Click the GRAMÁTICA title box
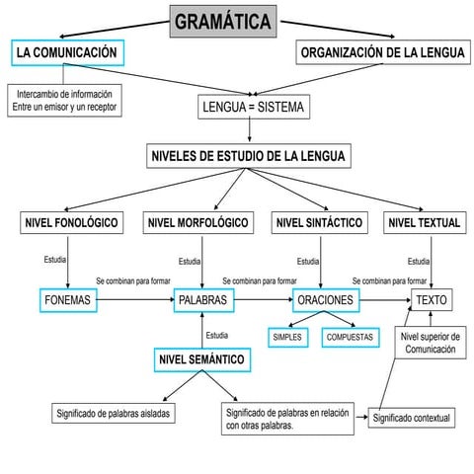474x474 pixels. tap(222, 21)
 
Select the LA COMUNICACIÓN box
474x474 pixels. tap(67, 52)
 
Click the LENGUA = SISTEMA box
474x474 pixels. tap(252, 107)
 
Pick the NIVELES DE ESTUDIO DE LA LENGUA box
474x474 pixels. tap(249, 156)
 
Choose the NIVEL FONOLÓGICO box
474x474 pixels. tap(71, 223)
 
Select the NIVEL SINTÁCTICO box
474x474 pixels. tap(319, 223)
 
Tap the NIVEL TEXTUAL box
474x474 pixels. tap(425, 223)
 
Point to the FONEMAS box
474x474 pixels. tap(69, 299)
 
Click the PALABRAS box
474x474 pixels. tap(202, 299)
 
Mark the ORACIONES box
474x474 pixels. tap(325, 299)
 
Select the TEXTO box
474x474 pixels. tap(431, 299)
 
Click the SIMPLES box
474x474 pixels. tap(287, 337)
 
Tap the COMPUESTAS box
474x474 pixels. tap(351, 337)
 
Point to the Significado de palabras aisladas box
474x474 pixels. tap(114, 413)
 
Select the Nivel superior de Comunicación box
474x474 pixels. tap(431, 343)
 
